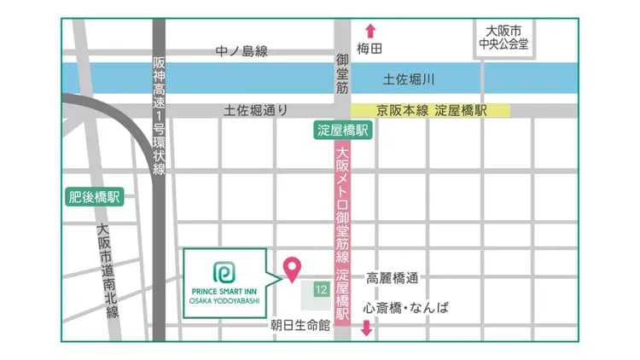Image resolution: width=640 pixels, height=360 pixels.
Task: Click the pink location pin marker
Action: click(x=292, y=268)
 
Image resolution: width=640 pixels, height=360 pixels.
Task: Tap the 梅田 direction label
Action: click(x=370, y=49)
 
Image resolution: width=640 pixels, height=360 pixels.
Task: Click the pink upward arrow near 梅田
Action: click(x=370, y=31)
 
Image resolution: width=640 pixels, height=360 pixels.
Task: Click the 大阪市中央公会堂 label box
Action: click(x=504, y=38)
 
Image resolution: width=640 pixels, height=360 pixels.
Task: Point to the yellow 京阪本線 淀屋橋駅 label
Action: click(x=431, y=110)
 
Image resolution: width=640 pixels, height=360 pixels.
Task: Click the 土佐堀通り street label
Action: click(x=255, y=110)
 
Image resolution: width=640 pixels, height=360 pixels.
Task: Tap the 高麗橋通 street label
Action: click(x=393, y=278)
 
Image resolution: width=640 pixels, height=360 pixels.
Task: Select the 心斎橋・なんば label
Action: click(x=405, y=308)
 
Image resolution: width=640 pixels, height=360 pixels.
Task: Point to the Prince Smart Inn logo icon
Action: click(x=224, y=271)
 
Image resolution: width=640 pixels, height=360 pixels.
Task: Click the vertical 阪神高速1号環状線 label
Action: click(x=160, y=115)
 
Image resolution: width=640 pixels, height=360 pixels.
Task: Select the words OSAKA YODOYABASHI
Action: click(x=224, y=299)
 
